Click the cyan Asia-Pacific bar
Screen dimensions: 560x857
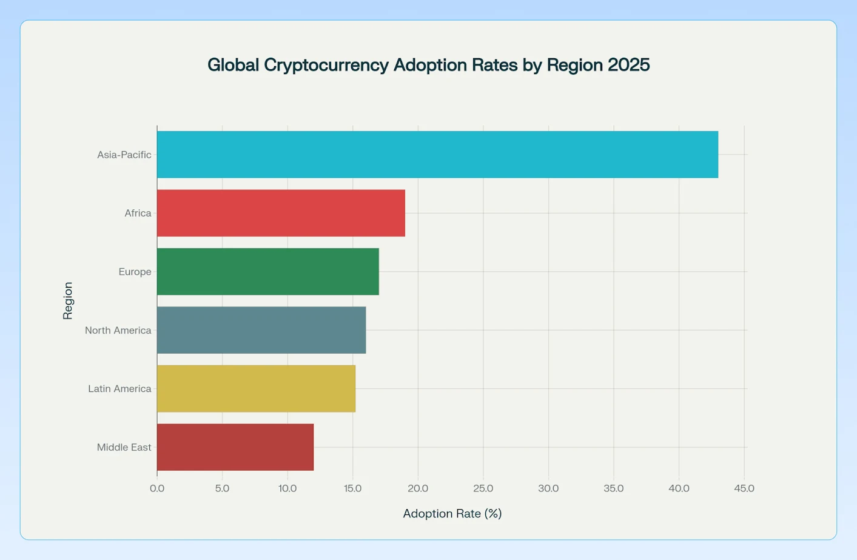pos(437,155)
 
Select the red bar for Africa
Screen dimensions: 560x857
pos(281,213)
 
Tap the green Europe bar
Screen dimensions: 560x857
pos(267,272)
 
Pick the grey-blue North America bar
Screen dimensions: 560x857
pos(261,330)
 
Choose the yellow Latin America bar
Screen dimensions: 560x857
pos(256,389)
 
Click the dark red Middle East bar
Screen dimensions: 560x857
pos(235,447)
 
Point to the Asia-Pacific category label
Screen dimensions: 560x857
pos(124,155)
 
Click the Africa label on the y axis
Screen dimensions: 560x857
pos(138,213)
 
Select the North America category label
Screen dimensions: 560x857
pos(118,330)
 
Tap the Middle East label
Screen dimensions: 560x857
pos(124,447)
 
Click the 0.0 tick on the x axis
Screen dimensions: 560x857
pos(157,488)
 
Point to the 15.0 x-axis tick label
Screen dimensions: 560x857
pos(352,488)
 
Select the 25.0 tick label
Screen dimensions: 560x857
pos(483,488)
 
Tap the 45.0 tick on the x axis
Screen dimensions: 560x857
pos(744,488)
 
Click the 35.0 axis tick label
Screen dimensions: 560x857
pos(613,488)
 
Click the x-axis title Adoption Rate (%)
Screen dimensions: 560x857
pos(452,514)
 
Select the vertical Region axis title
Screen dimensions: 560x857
pos(68,300)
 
